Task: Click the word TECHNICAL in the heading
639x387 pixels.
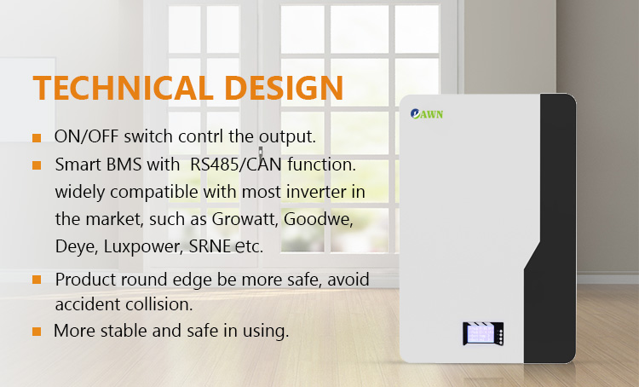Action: (123, 88)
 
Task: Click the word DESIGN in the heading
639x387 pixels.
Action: (284, 88)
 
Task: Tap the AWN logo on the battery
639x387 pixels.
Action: (426, 113)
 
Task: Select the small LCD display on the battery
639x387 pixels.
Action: (483, 333)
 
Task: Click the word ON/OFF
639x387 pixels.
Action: (86, 136)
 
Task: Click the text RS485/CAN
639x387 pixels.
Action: (236, 165)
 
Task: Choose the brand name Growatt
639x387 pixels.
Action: (245, 219)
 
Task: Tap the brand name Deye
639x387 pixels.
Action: (76, 246)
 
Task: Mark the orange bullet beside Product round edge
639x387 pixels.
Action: (37, 280)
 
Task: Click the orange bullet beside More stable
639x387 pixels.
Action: (37, 331)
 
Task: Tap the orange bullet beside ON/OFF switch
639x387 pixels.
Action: (37, 138)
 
